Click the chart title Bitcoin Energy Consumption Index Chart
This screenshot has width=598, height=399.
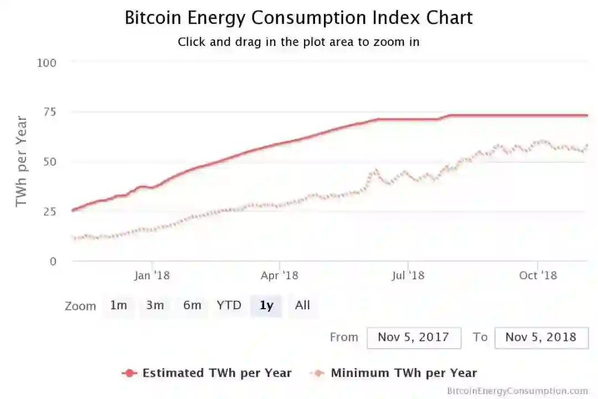tap(298, 18)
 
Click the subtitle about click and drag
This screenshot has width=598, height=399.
tap(298, 42)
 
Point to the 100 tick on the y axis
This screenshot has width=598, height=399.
tap(47, 63)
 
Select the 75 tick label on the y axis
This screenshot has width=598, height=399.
tap(50, 112)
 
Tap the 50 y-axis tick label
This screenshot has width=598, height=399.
tap(50, 162)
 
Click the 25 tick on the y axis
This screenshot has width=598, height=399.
tap(50, 211)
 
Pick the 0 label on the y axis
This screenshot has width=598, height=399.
tap(53, 261)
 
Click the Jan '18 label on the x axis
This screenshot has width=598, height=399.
tap(152, 275)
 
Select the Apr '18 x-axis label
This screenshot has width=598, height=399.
tap(280, 275)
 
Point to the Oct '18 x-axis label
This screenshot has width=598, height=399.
tap(538, 275)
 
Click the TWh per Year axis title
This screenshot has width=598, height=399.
tap(21, 161)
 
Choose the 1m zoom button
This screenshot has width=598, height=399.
tap(118, 305)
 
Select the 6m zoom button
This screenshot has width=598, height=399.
tap(192, 305)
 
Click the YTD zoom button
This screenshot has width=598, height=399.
tap(229, 305)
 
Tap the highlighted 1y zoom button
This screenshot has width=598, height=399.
tap(266, 305)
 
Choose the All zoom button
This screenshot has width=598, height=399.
tap(302, 305)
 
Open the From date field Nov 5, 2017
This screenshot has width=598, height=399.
tap(414, 337)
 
